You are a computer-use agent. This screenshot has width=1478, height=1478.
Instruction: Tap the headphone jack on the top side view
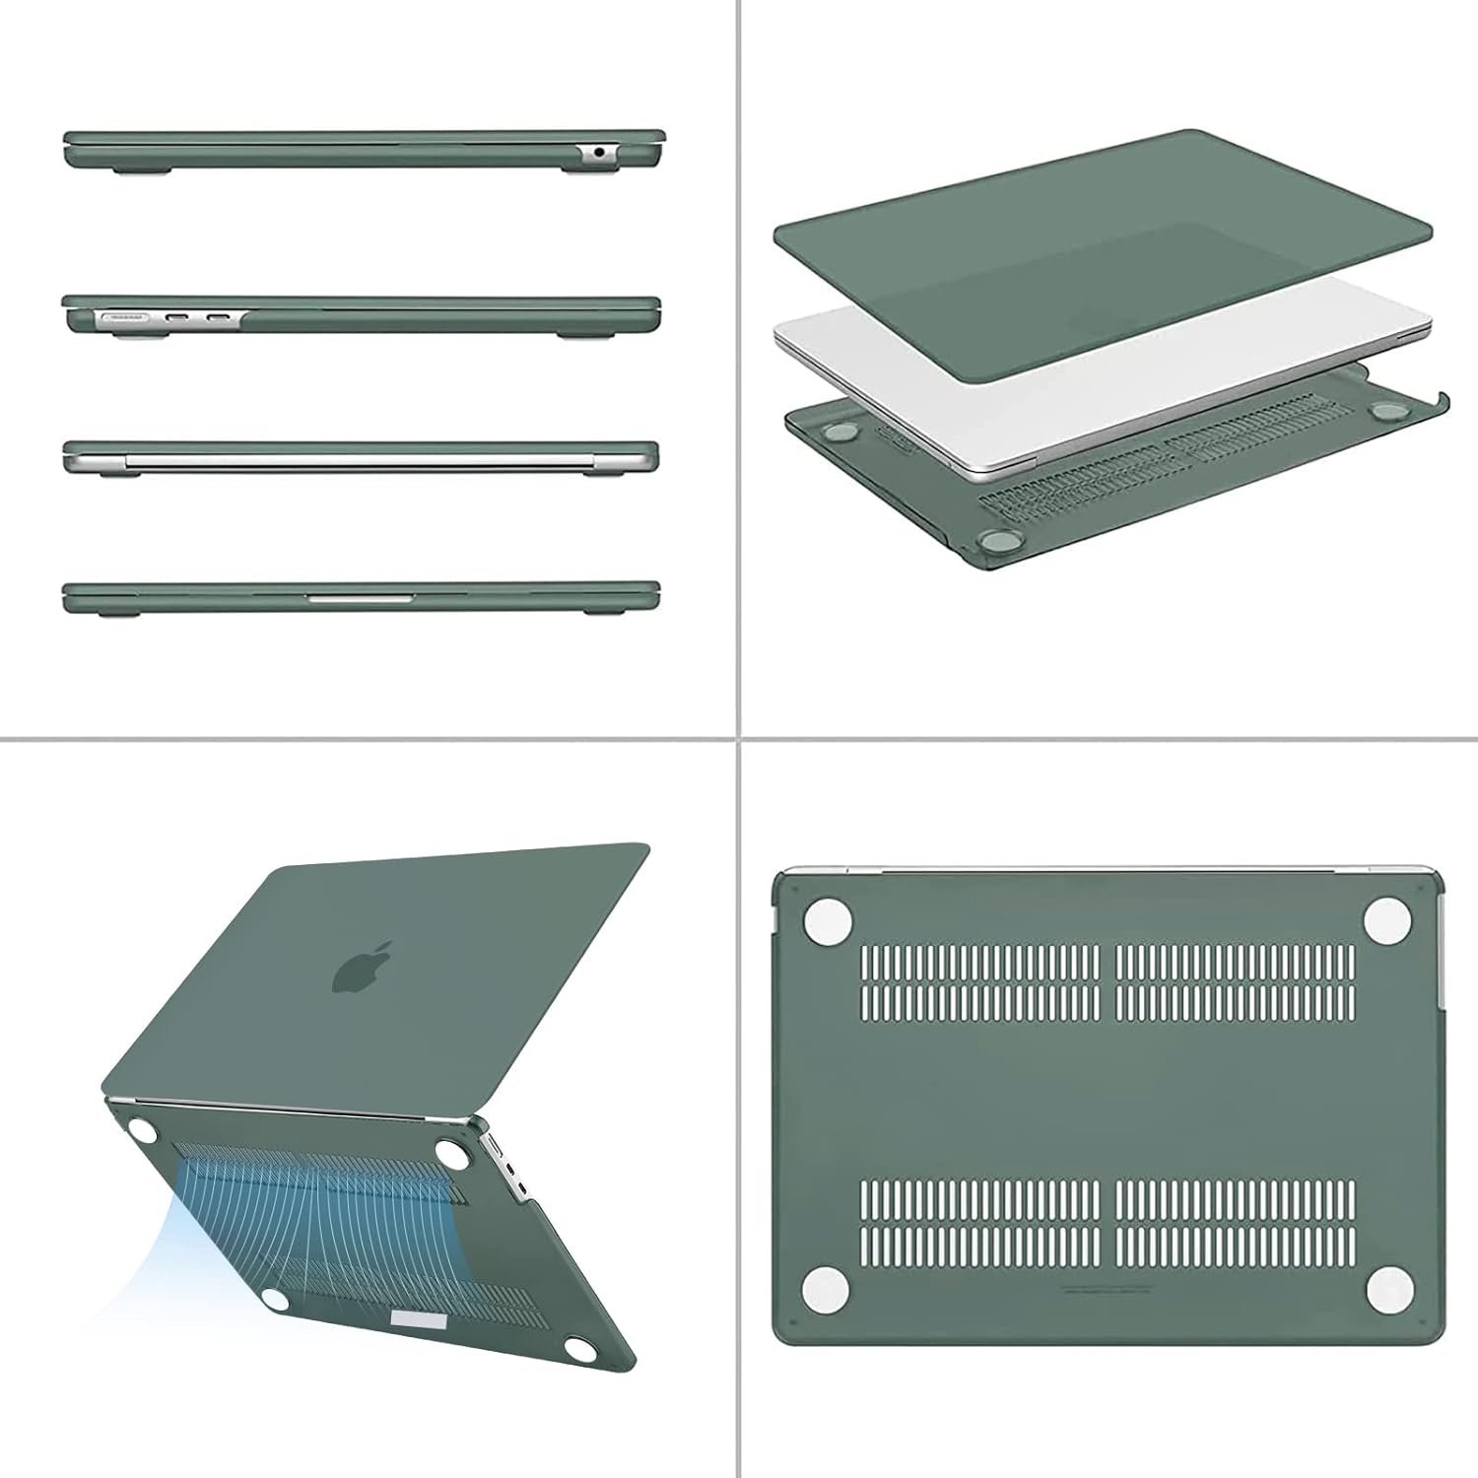click(599, 153)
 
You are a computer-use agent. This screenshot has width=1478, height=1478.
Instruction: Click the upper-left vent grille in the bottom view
click(979, 980)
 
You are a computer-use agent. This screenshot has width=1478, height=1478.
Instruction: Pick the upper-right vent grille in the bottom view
click(1236, 980)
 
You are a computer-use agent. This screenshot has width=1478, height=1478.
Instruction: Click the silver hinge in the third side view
click(360, 459)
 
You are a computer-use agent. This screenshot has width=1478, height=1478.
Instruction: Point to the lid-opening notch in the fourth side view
click(360, 597)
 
